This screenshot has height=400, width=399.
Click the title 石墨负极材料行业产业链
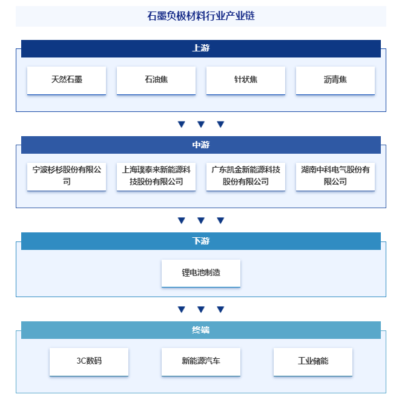point(200,16)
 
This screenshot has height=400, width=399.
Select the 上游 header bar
point(200,48)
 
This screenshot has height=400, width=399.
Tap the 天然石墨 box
point(67,80)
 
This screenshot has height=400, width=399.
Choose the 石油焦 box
point(156,80)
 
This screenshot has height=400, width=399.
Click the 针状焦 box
point(246,80)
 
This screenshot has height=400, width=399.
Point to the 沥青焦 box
point(335,80)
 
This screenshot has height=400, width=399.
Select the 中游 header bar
point(200,145)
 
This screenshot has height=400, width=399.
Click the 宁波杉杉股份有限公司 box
point(67,175)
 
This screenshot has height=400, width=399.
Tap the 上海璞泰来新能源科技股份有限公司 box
point(156,175)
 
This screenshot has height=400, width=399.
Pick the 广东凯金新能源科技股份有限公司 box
point(246,175)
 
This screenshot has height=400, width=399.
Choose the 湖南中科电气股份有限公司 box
point(335,175)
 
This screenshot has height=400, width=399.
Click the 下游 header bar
point(200,241)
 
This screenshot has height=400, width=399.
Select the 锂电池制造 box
point(201,273)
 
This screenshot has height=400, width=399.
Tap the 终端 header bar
point(200,330)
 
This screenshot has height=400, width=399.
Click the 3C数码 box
point(89,361)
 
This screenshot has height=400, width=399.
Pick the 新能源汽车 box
point(201,361)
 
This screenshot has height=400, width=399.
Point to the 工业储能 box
point(312,361)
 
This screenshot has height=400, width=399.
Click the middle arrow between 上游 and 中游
point(201,125)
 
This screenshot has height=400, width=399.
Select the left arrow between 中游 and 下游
point(181,221)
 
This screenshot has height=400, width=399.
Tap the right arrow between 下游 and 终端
point(220,310)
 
